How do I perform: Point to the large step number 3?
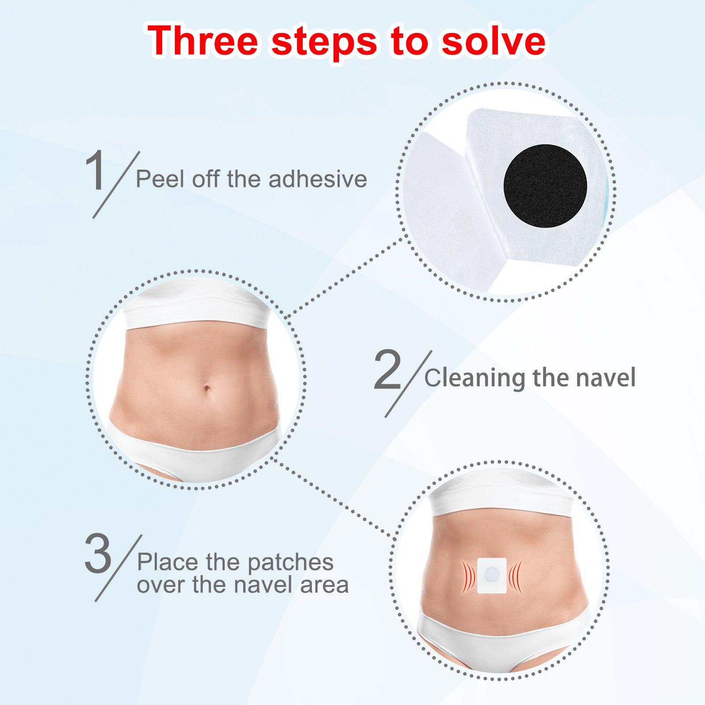click(x=98, y=553)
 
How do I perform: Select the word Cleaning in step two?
click(x=475, y=378)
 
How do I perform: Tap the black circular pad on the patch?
click(x=545, y=186)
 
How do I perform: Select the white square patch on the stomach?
click(x=492, y=575)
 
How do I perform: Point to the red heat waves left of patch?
click(x=468, y=576)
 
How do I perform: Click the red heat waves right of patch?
click(x=516, y=576)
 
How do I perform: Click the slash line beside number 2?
click(x=408, y=383)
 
